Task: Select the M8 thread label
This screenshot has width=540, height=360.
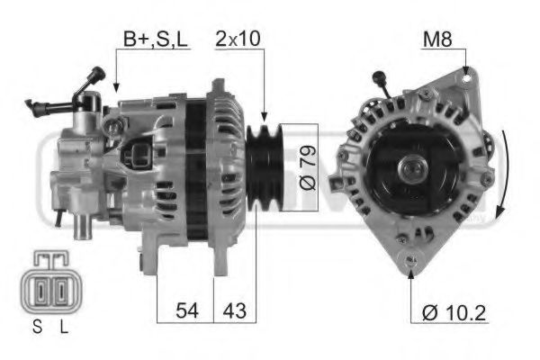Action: click(436, 40)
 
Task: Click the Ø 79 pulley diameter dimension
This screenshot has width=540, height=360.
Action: click(306, 167)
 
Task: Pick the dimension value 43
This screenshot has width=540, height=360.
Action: click(234, 312)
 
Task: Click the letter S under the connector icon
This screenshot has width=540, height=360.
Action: click(38, 329)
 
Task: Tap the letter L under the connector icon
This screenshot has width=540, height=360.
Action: click(63, 329)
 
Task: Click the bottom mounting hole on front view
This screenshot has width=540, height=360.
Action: click(413, 262)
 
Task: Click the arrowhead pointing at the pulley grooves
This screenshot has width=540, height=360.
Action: click(263, 116)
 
